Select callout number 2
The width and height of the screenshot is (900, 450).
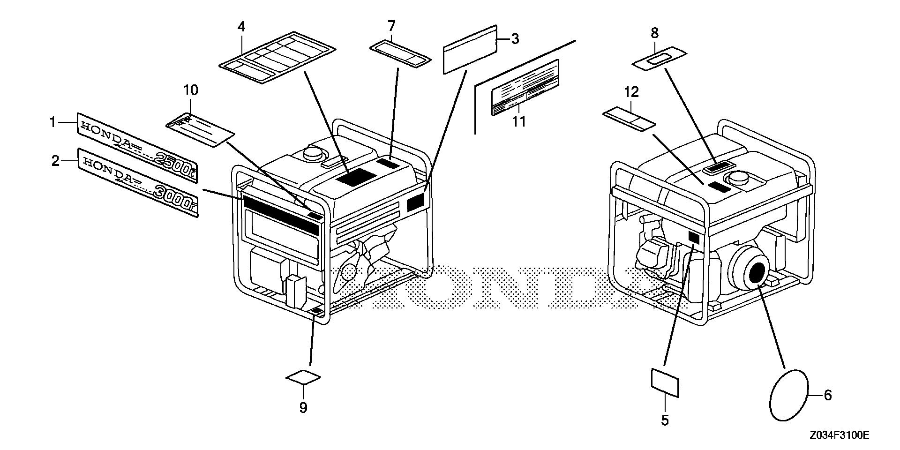(55, 161)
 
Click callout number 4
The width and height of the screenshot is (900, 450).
(241, 26)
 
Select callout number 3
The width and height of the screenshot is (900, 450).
(515, 39)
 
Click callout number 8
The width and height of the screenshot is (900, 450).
(654, 33)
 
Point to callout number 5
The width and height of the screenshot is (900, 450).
(665, 420)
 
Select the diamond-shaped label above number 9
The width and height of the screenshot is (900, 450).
(304, 377)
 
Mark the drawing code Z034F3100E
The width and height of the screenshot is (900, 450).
(839, 435)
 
